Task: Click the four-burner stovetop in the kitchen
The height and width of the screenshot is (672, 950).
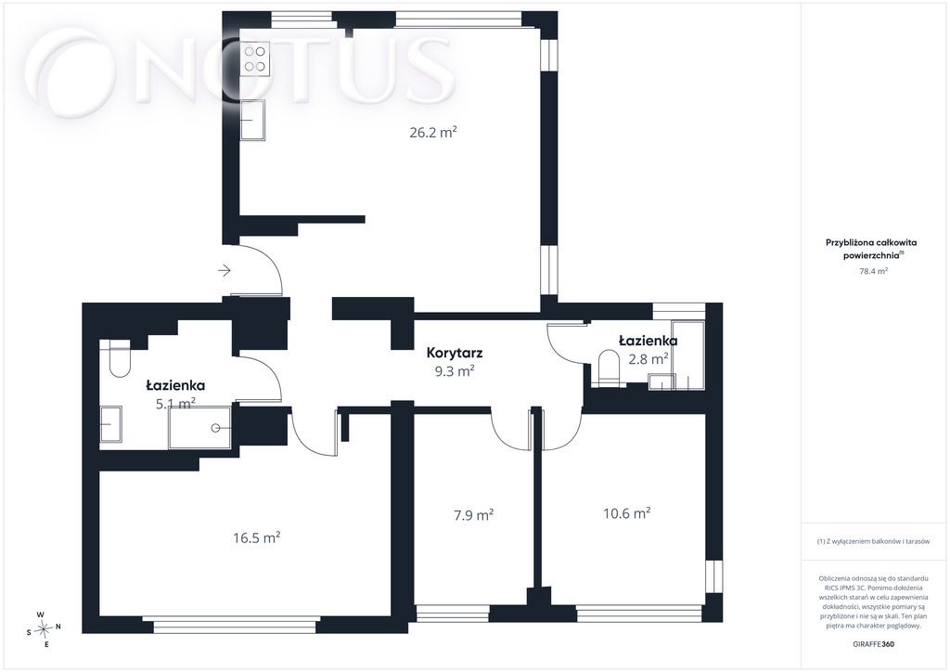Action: pyautogui.click(x=254, y=58)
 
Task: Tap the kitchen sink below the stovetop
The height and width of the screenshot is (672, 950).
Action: pyautogui.click(x=252, y=120)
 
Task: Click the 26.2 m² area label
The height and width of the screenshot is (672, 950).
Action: pyautogui.click(x=432, y=132)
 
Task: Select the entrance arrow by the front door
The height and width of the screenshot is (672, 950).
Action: pyautogui.click(x=225, y=270)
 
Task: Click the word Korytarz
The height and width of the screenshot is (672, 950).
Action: pyautogui.click(x=455, y=353)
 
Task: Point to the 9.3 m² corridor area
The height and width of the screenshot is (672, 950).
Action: pyautogui.click(x=455, y=371)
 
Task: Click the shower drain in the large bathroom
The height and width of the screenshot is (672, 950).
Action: pyautogui.click(x=215, y=428)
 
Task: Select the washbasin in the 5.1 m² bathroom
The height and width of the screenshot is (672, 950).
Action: pyautogui.click(x=111, y=424)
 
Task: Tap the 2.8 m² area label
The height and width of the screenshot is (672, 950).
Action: pyautogui.click(x=648, y=358)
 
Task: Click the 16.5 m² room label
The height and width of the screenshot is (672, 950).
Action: pyautogui.click(x=256, y=537)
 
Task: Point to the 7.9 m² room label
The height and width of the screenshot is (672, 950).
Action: pyautogui.click(x=474, y=515)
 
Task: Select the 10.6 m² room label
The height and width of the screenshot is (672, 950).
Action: pyautogui.click(x=626, y=513)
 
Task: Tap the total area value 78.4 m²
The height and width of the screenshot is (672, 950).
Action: pyautogui.click(x=873, y=271)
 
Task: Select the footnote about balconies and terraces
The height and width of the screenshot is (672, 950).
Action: pyautogui.click(x=873, y=542)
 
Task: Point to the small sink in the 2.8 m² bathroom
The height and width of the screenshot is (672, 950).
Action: pyautogui.click(x=661, y=381)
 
